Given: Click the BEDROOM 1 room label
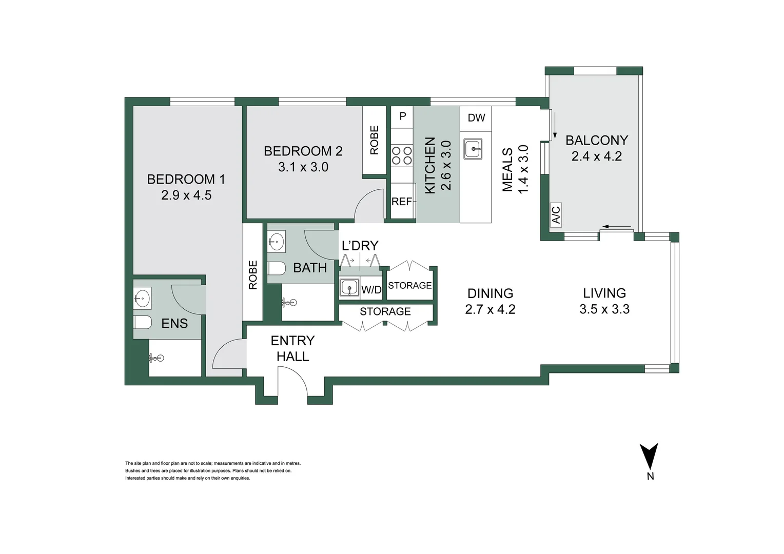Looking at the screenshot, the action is click(186, 179).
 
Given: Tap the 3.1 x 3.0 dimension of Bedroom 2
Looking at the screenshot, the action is click(303, 167).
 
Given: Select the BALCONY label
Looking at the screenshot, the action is click(597, 141).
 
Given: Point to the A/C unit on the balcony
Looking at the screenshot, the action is click(556, 215).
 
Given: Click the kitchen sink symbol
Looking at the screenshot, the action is click(473, 148).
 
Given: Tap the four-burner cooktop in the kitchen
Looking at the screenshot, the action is click(402, 155).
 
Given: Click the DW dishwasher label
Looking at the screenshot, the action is click(476, 118).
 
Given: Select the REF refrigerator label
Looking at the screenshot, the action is click(401, 202).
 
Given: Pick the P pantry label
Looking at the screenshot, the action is click(402, 116).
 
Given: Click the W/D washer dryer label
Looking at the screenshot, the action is click(371, 290).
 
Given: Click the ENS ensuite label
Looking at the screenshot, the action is click(174, 324).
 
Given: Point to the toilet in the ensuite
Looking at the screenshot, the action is click(142, 322).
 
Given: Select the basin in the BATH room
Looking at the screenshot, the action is click(277, 241).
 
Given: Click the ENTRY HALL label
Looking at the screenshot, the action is click(292, 349).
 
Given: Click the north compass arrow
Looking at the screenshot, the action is click(649, 456).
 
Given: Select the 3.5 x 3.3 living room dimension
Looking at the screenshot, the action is click(604, 309).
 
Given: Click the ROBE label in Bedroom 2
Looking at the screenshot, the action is click(374, 140).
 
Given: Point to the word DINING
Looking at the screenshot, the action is click(491, 293).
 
